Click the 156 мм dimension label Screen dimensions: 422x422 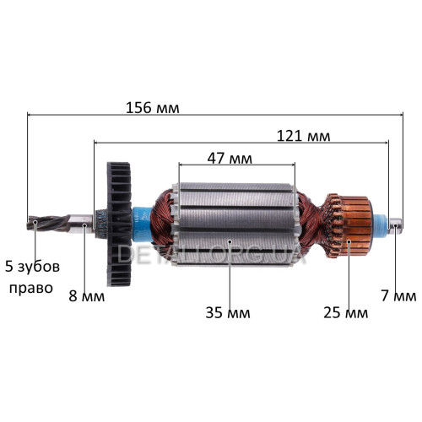[152, 108]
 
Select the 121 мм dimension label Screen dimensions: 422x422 [304, 136]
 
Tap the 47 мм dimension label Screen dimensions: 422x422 [230, 159]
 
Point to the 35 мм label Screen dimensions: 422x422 [228, 312]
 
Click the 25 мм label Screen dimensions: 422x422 [346, 312]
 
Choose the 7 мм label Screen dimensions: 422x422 [399, 296]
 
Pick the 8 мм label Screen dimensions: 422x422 [87, 296]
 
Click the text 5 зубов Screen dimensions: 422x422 [32, 267]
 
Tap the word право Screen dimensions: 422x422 [31, 289]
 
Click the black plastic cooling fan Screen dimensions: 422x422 [119, 224]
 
